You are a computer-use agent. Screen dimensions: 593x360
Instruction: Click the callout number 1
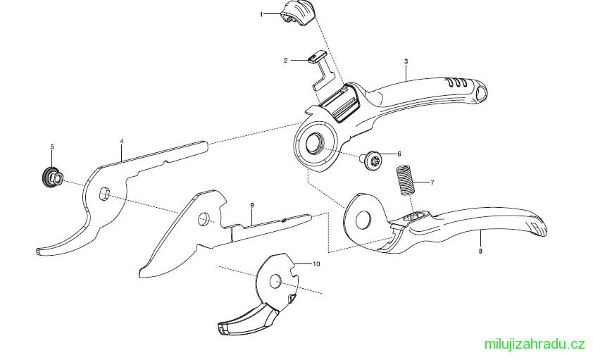pos(261,14)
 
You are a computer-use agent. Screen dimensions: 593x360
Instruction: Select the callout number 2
pos(286,60)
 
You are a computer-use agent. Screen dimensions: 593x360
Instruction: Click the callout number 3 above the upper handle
pos(406,61)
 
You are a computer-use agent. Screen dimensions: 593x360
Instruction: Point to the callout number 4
pos(121,141)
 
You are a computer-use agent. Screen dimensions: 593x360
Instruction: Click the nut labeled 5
pos(53,177)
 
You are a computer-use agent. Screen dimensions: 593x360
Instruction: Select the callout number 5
pos(52,147)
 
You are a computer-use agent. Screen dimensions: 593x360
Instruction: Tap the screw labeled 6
pos(373,161)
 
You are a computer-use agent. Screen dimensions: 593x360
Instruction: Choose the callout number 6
pos(399,154)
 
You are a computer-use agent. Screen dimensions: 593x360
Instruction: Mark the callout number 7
pos(432,182)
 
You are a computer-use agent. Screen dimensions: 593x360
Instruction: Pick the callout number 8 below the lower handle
pos(480,251)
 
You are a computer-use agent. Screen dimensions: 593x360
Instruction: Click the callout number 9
pos(252,205)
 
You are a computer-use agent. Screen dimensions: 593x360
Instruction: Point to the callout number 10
pos(316,263)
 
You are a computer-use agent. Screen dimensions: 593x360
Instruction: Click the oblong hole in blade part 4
pos(104,193)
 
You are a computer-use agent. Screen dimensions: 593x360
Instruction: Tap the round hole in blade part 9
pos(204,218)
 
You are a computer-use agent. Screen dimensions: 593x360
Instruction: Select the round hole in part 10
pos(275,281)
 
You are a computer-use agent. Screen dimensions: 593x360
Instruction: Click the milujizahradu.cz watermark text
pos(535,344)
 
